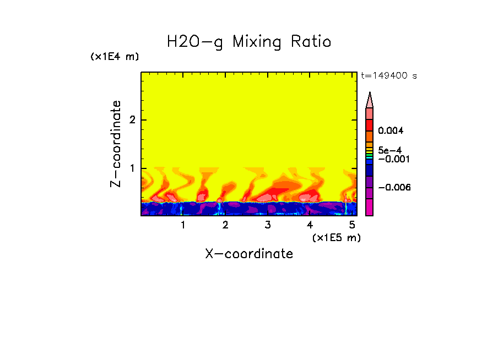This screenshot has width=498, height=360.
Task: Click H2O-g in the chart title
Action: (195, 42)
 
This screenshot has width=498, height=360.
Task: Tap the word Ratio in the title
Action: (312, 42)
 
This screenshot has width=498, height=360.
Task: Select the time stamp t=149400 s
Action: (389, 76)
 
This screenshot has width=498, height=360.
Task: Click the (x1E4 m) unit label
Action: (115, 57)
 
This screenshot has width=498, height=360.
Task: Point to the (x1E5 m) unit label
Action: (336, 237)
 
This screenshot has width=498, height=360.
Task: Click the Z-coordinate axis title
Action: (116, 144)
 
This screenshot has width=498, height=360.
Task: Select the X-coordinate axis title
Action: (249, 254)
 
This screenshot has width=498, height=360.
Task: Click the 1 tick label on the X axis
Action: (183, 225)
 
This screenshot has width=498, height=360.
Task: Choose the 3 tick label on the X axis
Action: (267, 225)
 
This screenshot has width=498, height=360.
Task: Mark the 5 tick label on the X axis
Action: (352, 225)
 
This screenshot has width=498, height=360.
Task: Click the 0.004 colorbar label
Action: (391, 131)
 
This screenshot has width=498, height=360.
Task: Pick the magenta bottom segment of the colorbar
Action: (370, 207)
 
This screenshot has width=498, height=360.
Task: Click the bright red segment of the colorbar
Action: (370, 124)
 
